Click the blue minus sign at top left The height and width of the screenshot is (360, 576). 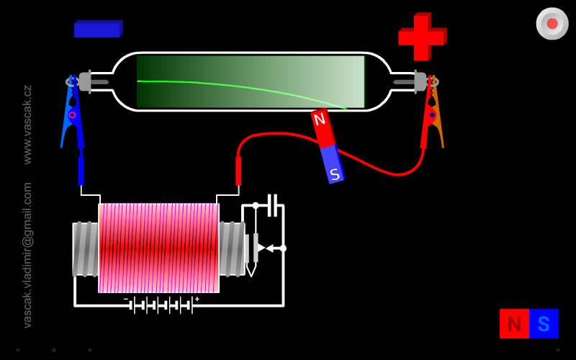click(98, 29)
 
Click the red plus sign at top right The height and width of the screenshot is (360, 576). click(423, 36)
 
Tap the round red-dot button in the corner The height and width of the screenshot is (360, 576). click(552, 24)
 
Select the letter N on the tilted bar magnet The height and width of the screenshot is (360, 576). click(320, 120)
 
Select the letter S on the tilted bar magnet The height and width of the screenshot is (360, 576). click(335, 174)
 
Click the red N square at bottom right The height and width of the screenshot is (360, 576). click(514, 324)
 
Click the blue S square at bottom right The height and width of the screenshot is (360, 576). click(544, 324)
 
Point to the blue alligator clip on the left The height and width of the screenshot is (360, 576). click(73, 115)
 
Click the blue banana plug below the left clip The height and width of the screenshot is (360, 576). click(81, 171)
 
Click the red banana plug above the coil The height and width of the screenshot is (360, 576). click(238, 171)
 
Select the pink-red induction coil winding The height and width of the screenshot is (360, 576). click(158, 248)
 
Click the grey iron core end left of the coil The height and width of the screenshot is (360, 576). click(85, 249)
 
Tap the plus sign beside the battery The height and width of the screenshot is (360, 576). click(197, 299)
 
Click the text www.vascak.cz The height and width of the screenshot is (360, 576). click(27, 125)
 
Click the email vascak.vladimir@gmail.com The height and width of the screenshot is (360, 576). click(27, 255)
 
